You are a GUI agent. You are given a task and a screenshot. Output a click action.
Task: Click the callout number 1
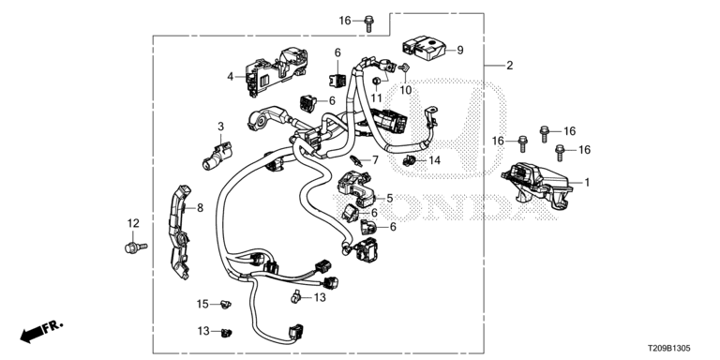586,182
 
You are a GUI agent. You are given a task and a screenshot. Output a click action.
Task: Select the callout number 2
509,66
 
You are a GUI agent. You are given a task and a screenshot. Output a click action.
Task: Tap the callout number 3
221,126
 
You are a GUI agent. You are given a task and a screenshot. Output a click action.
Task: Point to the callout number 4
231,77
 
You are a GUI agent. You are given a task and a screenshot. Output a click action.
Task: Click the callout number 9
460,50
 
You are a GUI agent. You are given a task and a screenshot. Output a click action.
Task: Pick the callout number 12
133,224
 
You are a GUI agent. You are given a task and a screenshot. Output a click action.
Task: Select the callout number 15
202,304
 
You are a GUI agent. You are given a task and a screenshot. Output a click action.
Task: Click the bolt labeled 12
135,247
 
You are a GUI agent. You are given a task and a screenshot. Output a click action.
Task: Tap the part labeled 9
423,49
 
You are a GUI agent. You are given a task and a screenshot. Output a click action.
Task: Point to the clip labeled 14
408,160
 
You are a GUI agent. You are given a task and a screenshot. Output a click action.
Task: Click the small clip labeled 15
226,304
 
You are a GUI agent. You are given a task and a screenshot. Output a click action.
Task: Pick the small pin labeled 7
356,160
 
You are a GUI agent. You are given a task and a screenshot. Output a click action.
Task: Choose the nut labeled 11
376,82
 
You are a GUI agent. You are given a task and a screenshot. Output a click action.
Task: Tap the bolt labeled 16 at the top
368,23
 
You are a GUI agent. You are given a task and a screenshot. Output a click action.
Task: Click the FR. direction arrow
41,332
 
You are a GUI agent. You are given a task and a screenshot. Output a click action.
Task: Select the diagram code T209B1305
669,349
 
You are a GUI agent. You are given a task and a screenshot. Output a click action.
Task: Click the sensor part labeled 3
218,156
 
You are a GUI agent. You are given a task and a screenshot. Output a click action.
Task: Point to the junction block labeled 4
276,71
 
